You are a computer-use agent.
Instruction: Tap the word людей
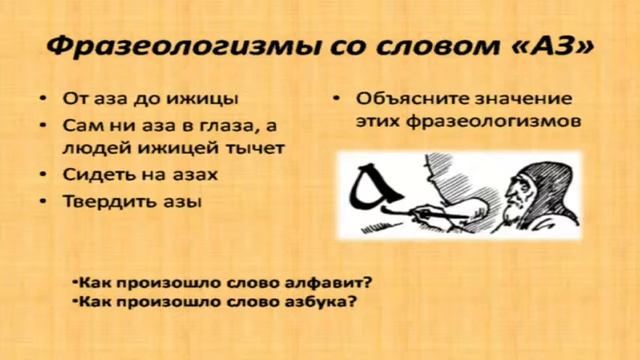tap(93, 149)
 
